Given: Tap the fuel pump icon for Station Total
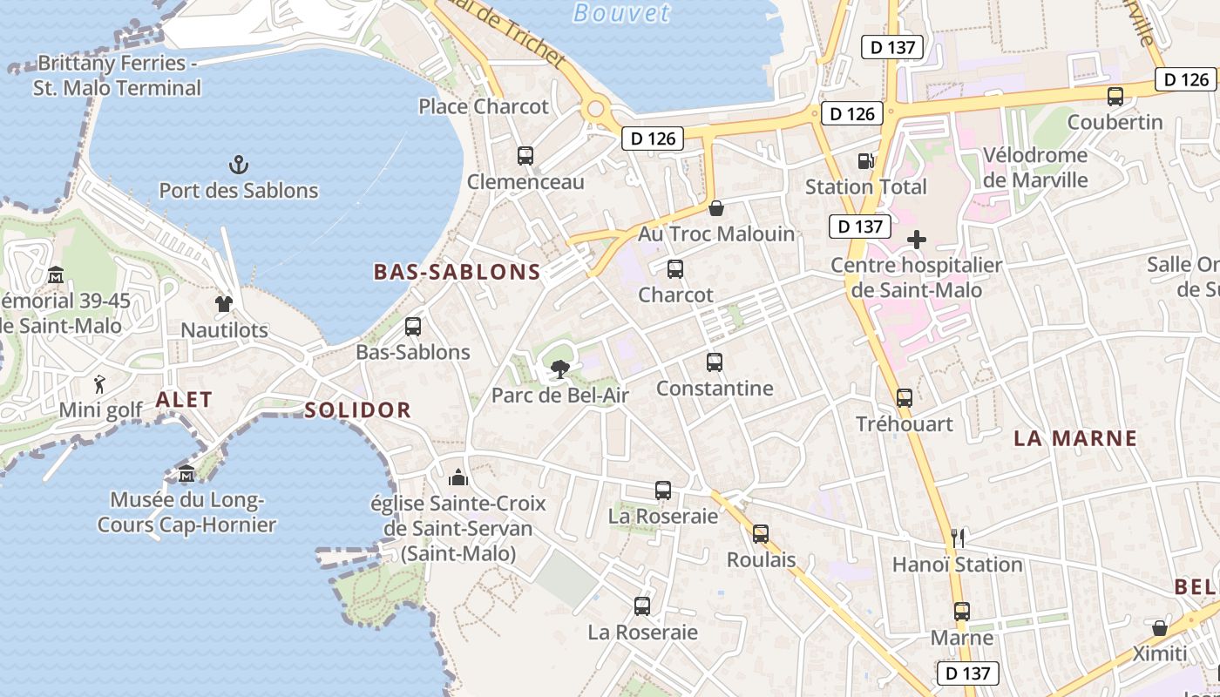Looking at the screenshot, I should [x=865, y=160].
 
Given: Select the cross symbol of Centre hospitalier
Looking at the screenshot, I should [x=917, y=240].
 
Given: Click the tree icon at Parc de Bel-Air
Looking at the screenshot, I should [x=559, y=369].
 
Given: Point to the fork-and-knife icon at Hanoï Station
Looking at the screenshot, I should [x=958, y=538].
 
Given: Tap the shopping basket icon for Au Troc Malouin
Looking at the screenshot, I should [x=716, y=207].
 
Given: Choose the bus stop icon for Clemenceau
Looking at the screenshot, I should [x=525, y=156].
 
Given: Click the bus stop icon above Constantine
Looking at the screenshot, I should [x=715, y=362].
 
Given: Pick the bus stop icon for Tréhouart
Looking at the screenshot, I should [x=905, y=398].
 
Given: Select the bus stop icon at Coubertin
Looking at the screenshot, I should [x=1115, y=97].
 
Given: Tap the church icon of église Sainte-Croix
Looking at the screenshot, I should [x=457, y=477].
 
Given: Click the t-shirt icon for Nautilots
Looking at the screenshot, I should [x=224, y=304].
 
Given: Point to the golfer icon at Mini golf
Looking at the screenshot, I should [x=100, y=383].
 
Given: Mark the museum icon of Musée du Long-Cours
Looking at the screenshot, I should [x=186, y=474].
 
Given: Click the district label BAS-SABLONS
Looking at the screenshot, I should [x=457, y=272].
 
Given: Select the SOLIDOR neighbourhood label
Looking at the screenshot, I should [x=357, y=410].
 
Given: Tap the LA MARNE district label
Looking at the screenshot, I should [x=1075, y=438].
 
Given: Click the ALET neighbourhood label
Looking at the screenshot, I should [x=184, y=400].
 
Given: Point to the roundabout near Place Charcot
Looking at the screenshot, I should [x=596, y=110].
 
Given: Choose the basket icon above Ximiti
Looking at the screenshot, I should [x=1159, y=627].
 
